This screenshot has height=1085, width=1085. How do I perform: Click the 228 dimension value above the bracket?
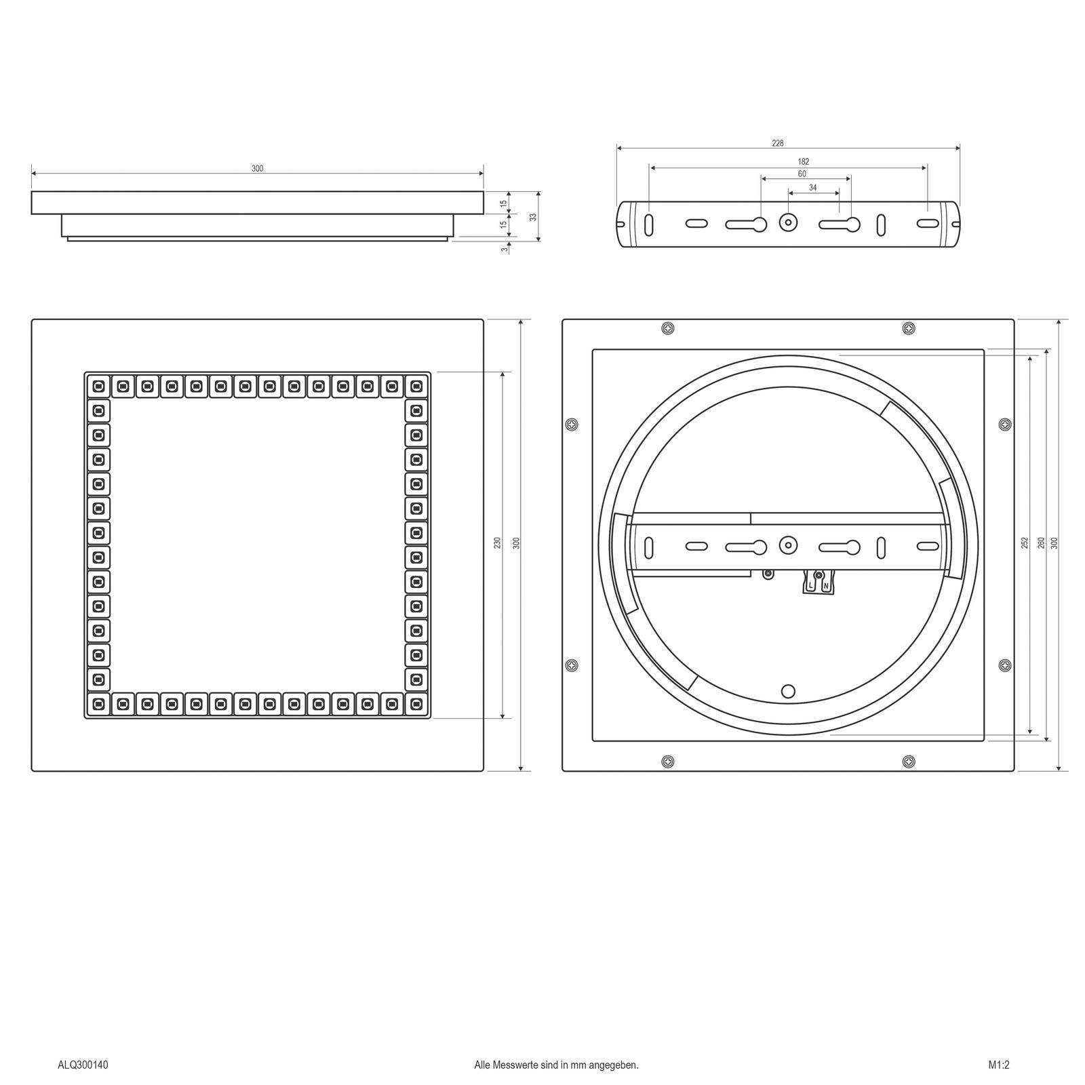(778, 143)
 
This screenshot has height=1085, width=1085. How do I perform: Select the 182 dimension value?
(804, 161)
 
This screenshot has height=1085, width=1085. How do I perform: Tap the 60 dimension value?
(802, 174)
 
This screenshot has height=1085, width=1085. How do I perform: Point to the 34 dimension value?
(812, 187)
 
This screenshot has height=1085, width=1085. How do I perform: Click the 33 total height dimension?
(533, 217)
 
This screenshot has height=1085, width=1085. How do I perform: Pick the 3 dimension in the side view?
(504, 249)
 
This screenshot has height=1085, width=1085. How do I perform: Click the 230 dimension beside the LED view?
(496, 543)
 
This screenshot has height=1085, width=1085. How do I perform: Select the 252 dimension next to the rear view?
(1024, 542)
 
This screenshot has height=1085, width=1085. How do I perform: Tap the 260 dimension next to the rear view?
(1041, 542)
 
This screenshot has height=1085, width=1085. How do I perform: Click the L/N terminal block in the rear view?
(817, 582)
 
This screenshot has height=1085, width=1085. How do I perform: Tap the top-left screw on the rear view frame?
(669, 328)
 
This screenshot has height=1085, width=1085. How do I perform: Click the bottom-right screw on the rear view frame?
(909, 762)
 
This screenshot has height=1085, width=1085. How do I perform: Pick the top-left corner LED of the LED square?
(98, 387)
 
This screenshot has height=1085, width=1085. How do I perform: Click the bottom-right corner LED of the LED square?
(416, 704)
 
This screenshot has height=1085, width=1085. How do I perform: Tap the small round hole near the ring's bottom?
(788, 691)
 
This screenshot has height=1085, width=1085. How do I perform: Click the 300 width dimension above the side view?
(257, 168)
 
